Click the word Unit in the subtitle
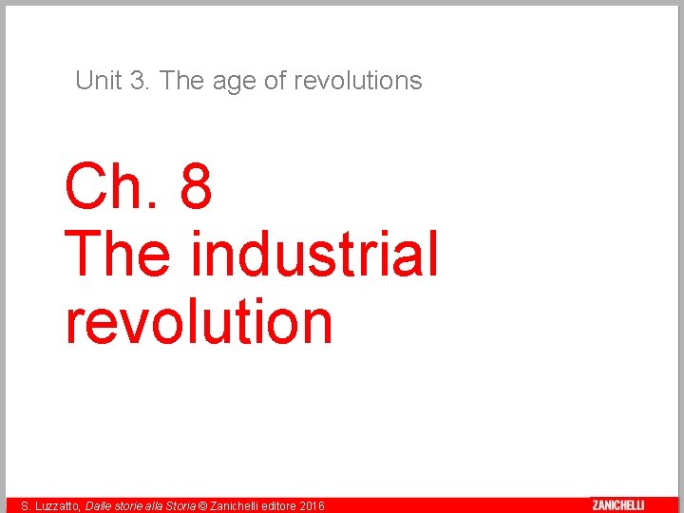[99, 81]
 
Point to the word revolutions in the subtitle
[357, 81]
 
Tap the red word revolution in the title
[199, 321]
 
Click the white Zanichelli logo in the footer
[617, 505]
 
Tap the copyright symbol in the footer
[201, 506]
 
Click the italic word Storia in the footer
[179, 506]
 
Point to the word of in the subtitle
[275, 81]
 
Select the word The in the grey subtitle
[177, 81]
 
